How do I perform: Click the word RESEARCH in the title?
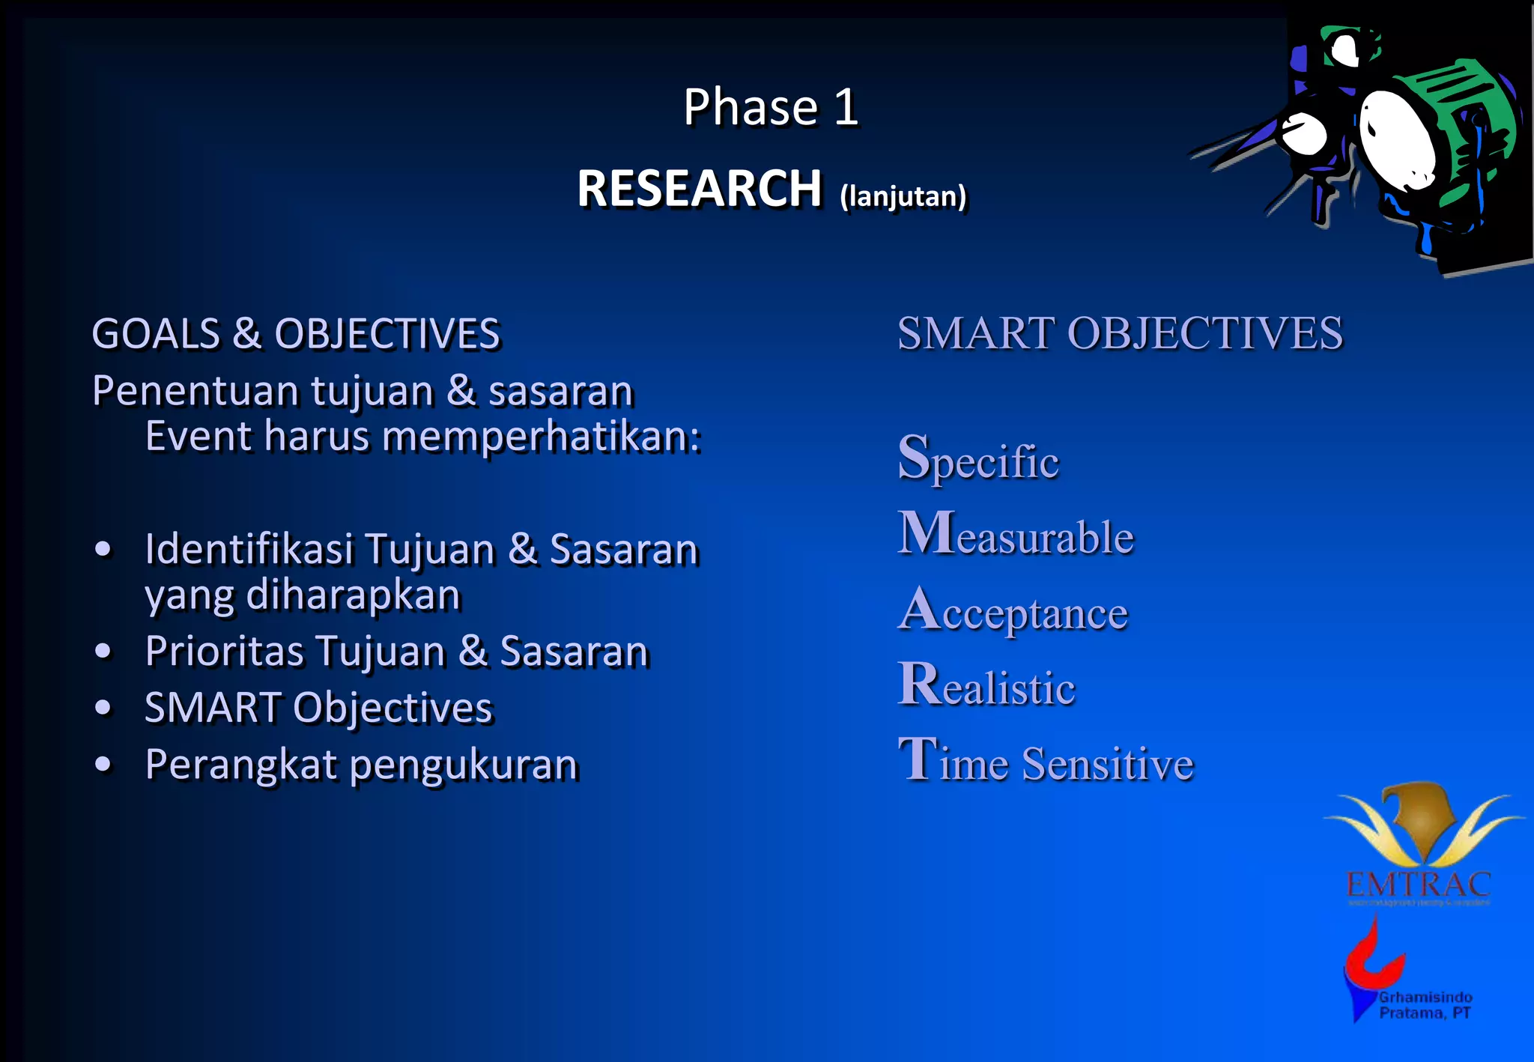pos(700,188)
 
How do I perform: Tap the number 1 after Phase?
pos(846,107)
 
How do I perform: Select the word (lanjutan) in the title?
pos(903,196)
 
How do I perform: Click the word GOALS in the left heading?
pos(156,334)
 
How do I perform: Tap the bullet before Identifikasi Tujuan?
pos(103,549)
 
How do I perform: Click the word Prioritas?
pos(225,651)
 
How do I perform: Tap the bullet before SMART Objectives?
pos(103,708)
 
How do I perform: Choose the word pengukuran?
pos(464,765)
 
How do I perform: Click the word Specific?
pos(978,458)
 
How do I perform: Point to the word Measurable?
pos(1016,535)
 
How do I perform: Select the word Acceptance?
pos(1013,611)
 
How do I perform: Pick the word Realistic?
pos(986,686)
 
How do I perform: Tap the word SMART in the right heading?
pos(976,333)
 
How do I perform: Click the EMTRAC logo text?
pos(1418,885)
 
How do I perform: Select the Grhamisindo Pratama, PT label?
pos(1425,1005)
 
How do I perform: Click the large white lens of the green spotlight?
pos(1397,139)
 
